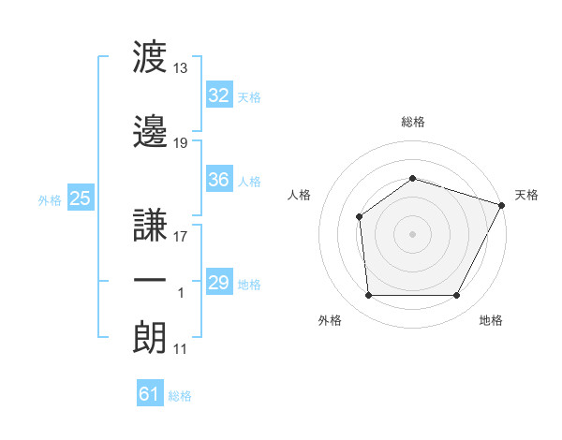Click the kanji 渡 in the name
click(x=150, y=56)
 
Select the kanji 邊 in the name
click(x=150, y=131)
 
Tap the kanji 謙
click(x=150, y=225)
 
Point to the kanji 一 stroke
click(x=150, y=280)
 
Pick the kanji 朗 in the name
click(x=150, y=338)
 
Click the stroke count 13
click(x=180, y=68)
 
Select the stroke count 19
click(x=180, y=143)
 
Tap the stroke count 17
click(x=180, y=237)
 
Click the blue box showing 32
click(x=219, y=95)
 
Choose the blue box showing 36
click(x=219, y=179)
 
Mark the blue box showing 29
click(x=219, y=281)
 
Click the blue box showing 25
click(x=81, y=198)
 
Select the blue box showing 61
click(x=150, y=392)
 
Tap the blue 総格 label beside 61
click(x=180, y=396)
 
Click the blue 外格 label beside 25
click(x=50, y=200)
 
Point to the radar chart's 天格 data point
click(x=502, y=205)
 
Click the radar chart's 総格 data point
click(x=412, y=179)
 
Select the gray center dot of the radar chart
click(x=412, y=234)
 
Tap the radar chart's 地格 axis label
click(x=491, y=320)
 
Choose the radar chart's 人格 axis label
click(x=299, y=195)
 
